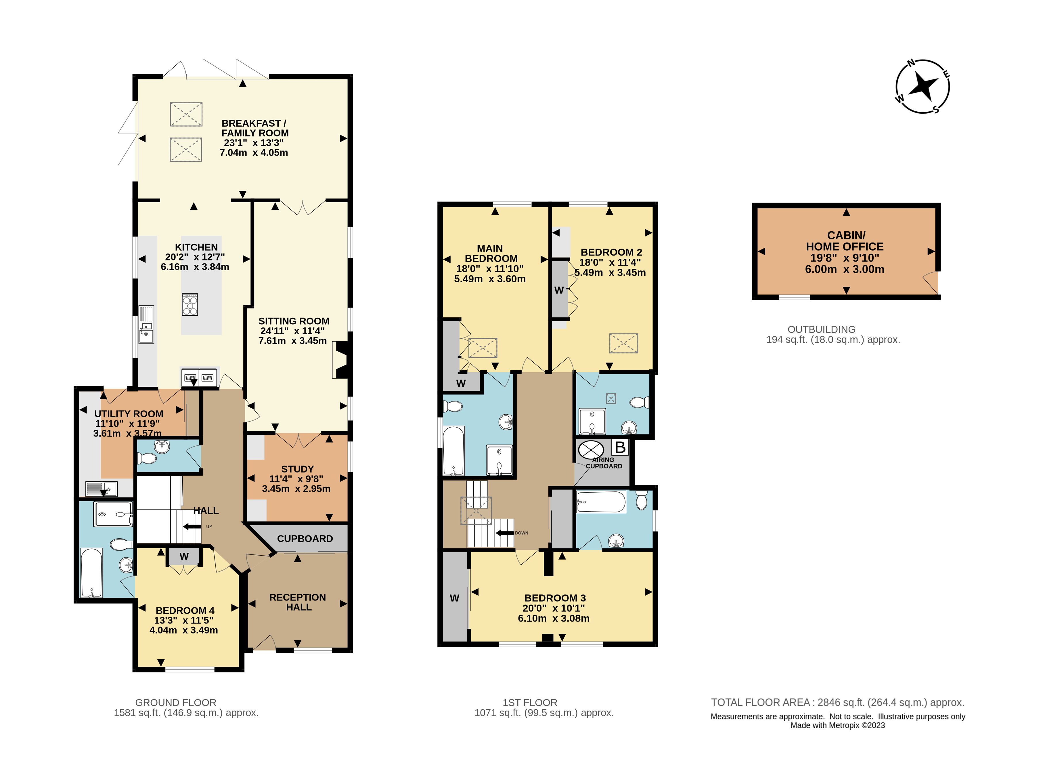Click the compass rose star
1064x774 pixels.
pos(922,87)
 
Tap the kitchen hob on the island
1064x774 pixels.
pos(190,304)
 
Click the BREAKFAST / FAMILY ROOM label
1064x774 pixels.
pos(255,128)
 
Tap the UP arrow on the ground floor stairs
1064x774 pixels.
pos(192,527)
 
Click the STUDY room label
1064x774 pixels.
pos(297,469)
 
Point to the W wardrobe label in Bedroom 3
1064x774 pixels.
pos(454,598)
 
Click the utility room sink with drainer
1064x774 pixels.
pos(101,489)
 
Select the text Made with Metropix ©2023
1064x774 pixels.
pos(837,725)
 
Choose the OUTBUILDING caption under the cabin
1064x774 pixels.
pos(822,329)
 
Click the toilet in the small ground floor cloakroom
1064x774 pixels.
pos(147,458)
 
